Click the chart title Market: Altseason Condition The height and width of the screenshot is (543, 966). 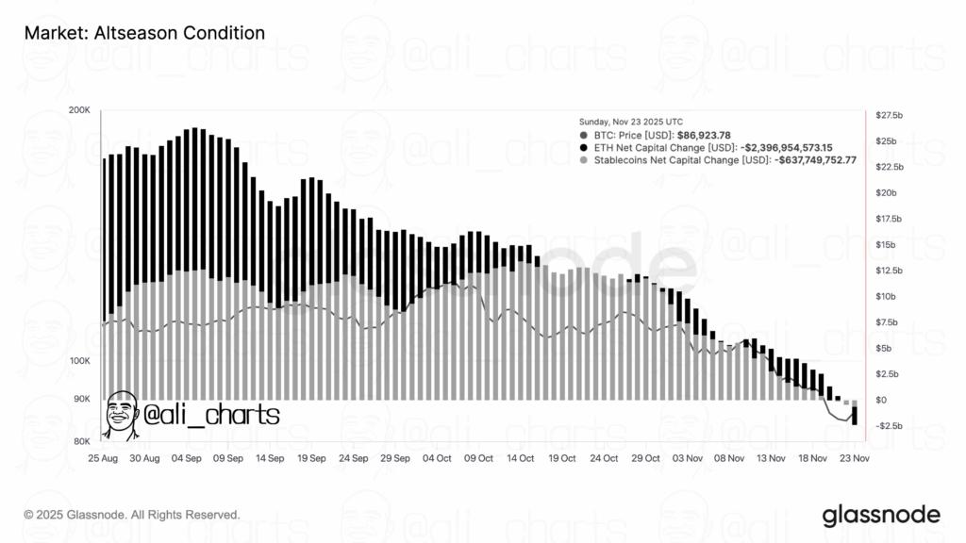click(143, 33)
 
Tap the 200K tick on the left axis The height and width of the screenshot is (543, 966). click(79, 110)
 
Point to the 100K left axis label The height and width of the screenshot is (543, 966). click(79, 362)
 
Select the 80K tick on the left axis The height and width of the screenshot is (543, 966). click(81, 441)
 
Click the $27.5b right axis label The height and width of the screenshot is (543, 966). click(890, 115)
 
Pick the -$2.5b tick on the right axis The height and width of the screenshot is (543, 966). click(890, 426)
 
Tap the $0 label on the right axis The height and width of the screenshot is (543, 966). click(882, 401)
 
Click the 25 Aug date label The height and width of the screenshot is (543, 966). click(102, 458)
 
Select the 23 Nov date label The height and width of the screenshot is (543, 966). click(854, 458)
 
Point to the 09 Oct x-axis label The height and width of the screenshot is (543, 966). click(478, 458)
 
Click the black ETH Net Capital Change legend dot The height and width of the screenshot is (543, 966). click(584, 148)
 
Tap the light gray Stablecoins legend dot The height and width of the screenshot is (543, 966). click(584, 160)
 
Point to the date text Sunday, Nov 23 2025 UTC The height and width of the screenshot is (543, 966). click(630, 122)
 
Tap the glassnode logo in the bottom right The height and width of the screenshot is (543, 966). click(881, 514)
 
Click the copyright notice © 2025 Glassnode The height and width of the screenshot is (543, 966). click(132, 515)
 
